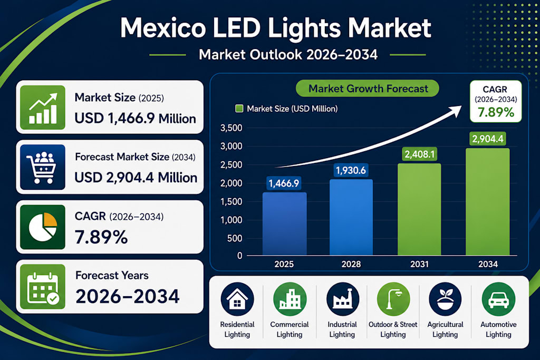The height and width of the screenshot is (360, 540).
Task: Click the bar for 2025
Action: coord(284,223)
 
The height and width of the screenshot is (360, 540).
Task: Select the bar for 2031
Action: coord(419,209)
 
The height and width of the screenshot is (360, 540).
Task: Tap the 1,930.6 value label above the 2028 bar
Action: coord(351,170)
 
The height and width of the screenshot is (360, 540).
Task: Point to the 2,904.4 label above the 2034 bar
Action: coord(488,139)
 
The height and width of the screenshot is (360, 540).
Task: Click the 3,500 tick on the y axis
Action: coord(231,128)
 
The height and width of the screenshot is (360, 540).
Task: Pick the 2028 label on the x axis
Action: coord(351,264)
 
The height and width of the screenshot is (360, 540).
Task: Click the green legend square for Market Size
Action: coord(239,109)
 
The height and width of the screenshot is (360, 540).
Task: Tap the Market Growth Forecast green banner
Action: coord(368,89)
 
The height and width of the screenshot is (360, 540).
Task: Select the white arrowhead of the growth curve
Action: coord(455,111)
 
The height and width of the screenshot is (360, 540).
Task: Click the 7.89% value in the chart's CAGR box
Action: coord(496,112)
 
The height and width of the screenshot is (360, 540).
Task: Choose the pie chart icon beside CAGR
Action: coord(42,227)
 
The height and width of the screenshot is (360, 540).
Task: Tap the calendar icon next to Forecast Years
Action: coord(42,287)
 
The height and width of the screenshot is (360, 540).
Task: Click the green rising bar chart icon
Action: coord(42,108)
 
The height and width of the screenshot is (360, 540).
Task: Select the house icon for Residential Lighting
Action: coord(237,299)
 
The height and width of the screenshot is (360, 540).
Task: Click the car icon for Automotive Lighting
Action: coord(498,299)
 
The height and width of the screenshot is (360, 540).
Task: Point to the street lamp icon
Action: coord(393,299)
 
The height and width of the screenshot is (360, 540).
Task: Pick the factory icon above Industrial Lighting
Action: coord(342,299)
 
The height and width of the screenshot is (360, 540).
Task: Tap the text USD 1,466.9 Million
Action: coord(135,119)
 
